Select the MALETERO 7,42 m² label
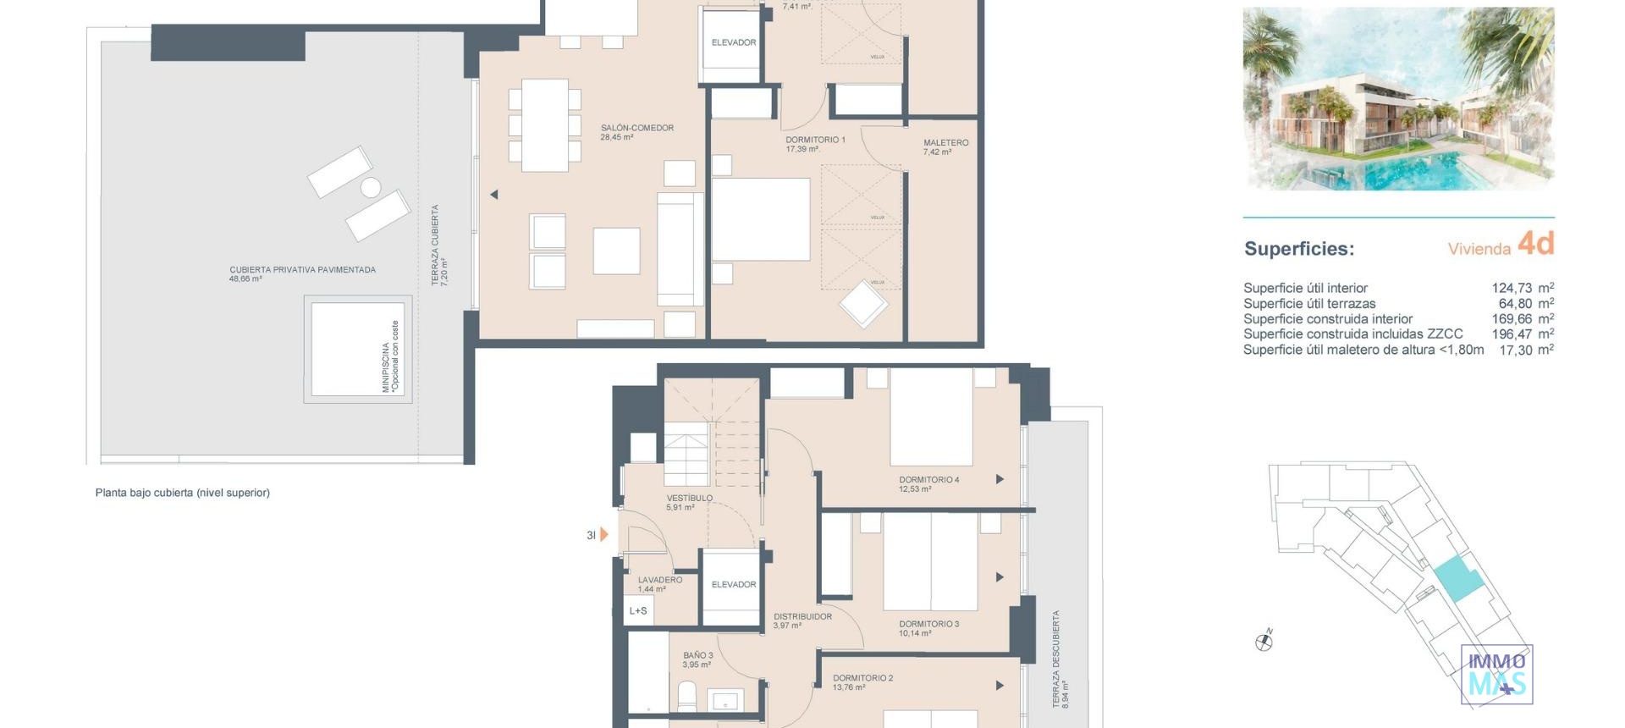click(945, 147)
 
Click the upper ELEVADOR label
click(733, 42)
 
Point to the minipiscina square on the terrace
click(357, 349)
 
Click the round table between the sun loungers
click(371, 187)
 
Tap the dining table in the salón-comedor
click(544, 124)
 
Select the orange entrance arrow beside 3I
click(604, 535)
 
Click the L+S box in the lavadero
click(638, 611)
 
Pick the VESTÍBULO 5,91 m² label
click(689, 503)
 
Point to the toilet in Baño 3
click(687, 698)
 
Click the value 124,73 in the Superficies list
click(1512, 289)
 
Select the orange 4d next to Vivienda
click(1535, 244)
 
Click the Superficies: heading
click(1298, 249)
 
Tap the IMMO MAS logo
click(1496, 675)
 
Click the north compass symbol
click(1264, 642)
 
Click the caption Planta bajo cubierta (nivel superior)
click(182, 493)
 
